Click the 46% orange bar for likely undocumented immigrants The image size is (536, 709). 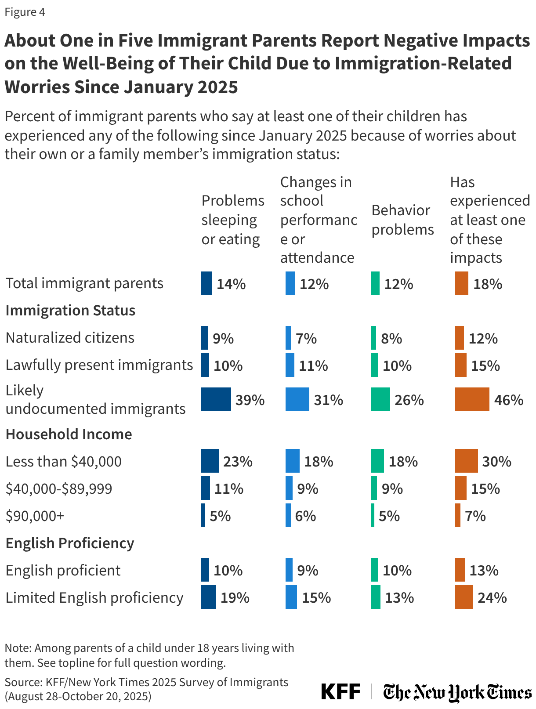(x=472, y=399)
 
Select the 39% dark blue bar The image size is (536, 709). (x=216, y=399)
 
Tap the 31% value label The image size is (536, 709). (x=328, y=400)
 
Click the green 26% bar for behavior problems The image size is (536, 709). (x=380, y=399)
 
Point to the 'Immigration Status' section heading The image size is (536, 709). (x=70, y=311)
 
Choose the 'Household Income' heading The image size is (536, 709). (x=69, y=434)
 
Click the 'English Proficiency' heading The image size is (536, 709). (x=69, y=543)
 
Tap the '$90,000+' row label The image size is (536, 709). (x=35, y=516)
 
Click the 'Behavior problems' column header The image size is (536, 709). (x=402, y=220)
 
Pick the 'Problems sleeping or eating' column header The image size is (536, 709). (x=232, y=220)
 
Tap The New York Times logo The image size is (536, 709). (x=457, y=691)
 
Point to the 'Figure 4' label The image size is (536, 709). (x=25, y=12)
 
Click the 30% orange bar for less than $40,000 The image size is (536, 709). (x=466, y=461)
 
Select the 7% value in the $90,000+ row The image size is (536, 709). (x=475, y=516)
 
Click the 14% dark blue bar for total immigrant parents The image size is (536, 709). (x=206, y=283)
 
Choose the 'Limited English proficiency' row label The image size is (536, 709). (x=94, y=598)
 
